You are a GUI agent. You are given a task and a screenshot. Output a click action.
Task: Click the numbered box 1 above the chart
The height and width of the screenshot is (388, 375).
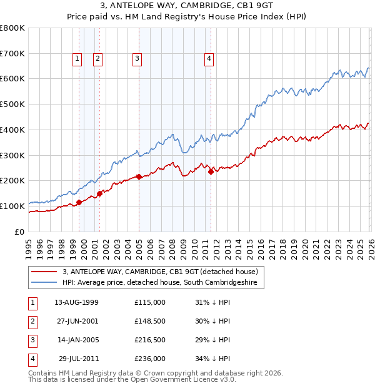tap(77, 59)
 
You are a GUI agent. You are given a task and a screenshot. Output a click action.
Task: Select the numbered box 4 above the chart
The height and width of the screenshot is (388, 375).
tap(209, 59)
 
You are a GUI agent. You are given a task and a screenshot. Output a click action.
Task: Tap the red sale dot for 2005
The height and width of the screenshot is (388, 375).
tap(139, 176)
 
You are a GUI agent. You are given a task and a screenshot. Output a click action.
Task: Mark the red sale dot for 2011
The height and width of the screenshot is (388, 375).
tap(211, 171)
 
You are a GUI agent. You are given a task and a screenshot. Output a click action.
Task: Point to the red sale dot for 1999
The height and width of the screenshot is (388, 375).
tap(79, 202)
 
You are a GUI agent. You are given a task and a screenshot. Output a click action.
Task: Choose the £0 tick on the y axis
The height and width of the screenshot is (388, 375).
tap(19, 232)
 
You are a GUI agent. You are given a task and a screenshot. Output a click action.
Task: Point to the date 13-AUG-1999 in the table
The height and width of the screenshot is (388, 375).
tap(76, 302)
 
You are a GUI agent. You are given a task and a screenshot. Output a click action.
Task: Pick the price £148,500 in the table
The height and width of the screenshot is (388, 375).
tap(149, 321)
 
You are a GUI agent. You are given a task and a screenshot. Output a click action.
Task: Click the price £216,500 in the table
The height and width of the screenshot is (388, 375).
tap(149, 340)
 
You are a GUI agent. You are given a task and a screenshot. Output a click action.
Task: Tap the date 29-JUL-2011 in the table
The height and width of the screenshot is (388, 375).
tap(76, 359)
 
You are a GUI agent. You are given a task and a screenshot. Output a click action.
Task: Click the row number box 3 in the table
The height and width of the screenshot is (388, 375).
tap(32, 340)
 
